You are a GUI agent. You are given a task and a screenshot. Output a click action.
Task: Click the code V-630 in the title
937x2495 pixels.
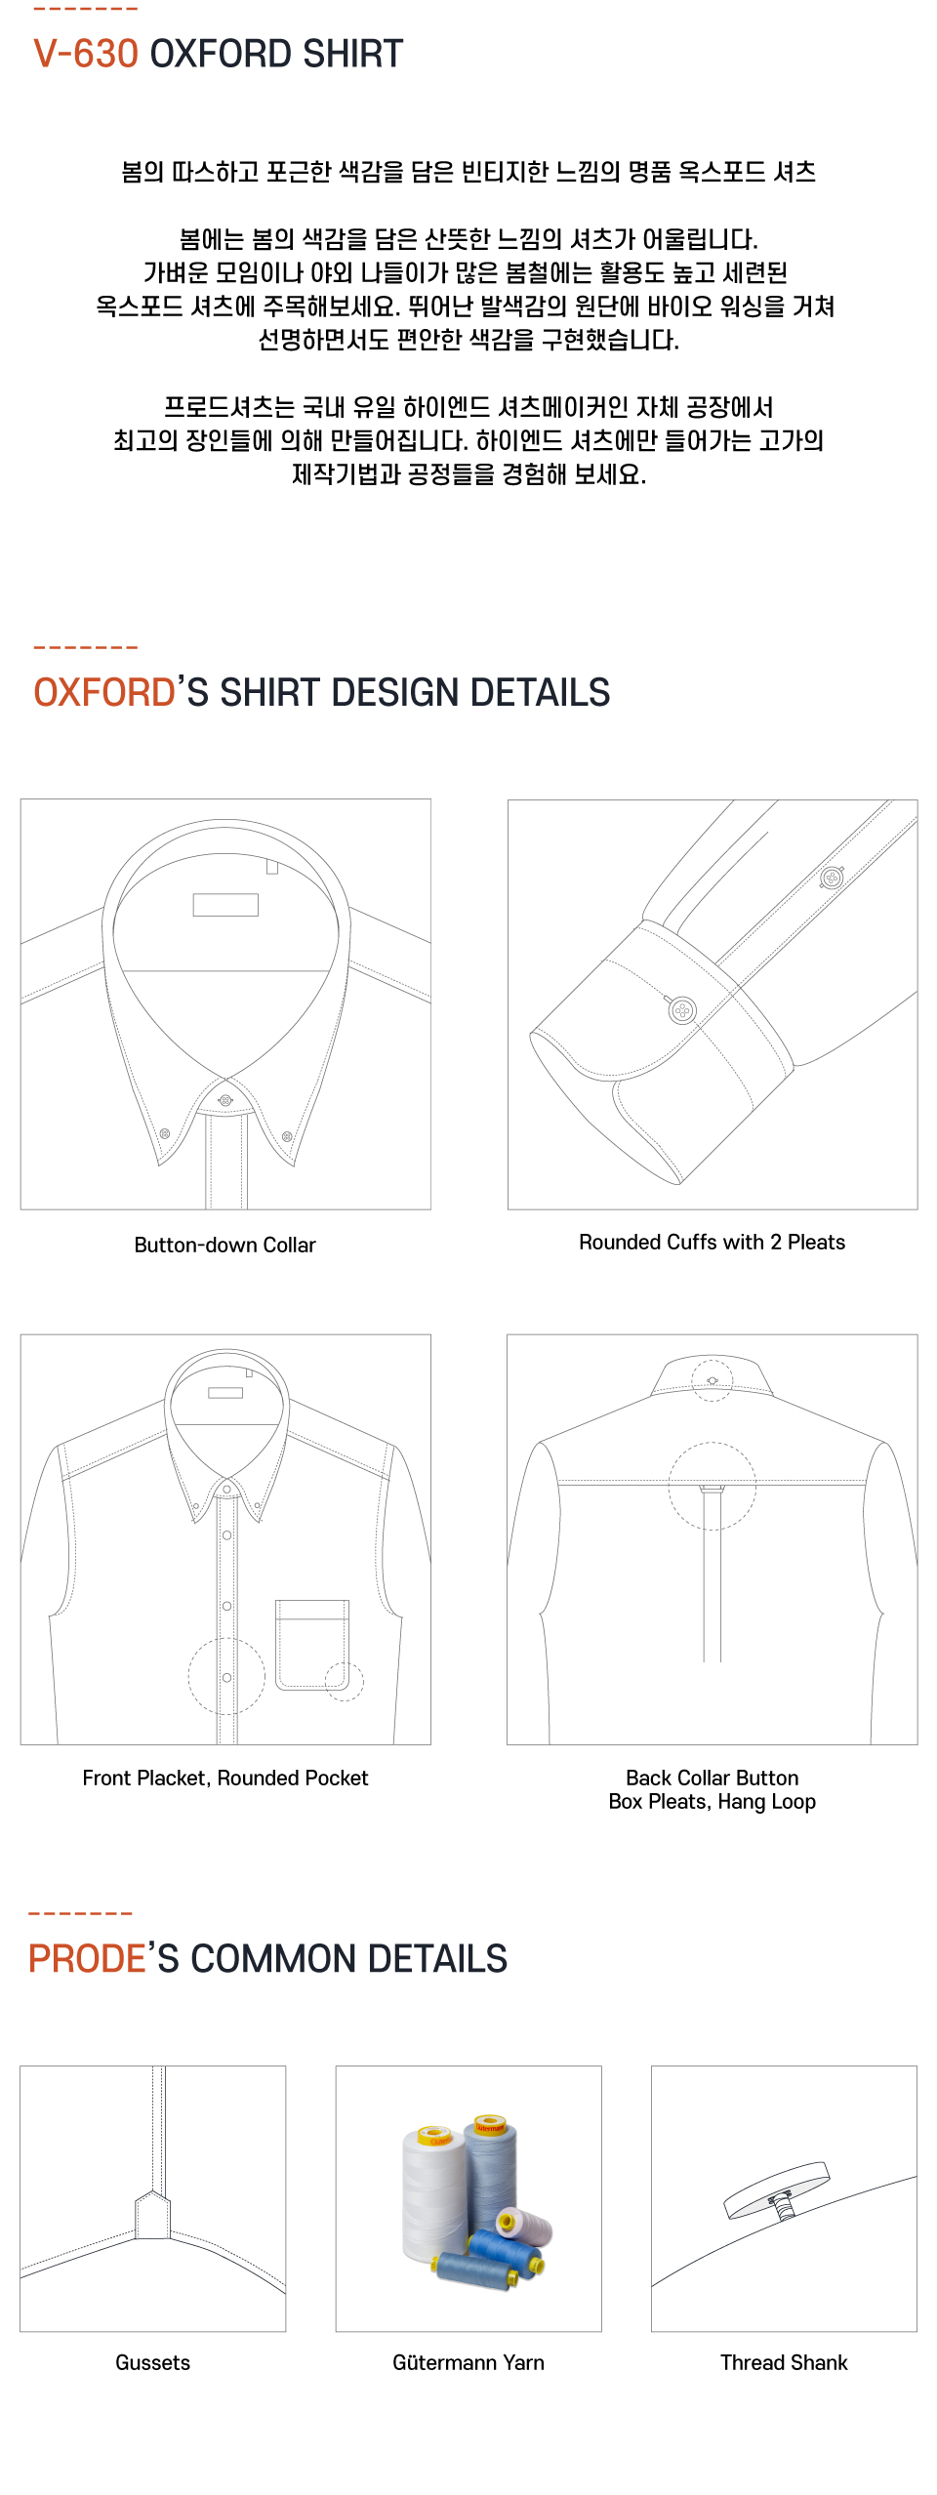tap(86, 54)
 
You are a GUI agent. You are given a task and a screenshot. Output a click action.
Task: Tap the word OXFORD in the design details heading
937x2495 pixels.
tap(104, 692)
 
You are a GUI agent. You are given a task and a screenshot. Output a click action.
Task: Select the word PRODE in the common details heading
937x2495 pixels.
tap(87, 1958)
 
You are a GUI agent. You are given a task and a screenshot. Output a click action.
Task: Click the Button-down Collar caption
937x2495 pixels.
tap(224, 1245)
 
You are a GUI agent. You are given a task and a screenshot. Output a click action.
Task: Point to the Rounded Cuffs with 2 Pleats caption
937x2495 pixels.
tap(712, 1242)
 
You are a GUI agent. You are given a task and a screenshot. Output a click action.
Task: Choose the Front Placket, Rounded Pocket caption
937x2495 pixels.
tap(224, 1778)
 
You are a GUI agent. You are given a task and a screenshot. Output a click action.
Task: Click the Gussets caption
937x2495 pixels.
tap(152, 2362)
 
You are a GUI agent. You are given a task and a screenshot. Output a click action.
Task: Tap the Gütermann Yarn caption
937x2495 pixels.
tap(468, 2362)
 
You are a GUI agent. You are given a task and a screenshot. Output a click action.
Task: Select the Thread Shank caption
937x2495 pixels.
tap(784, 2362)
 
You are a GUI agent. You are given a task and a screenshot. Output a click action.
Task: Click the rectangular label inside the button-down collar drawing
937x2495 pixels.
tap(225, 905)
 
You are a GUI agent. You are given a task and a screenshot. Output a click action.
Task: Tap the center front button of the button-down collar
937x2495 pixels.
tap(225, 1100)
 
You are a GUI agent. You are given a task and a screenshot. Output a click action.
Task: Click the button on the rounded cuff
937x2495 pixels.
tap(682, 1009)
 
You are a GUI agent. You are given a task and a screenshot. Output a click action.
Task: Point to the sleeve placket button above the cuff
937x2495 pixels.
tap(832, 877)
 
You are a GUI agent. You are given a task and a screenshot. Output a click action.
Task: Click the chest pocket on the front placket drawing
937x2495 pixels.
tap(312, 1644)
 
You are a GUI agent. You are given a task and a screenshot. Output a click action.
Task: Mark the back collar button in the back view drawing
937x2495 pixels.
tap(713, 1380)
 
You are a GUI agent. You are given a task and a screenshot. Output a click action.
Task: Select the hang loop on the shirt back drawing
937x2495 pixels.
tap(713, 1490)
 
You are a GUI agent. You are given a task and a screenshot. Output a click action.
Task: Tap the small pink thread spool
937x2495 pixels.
tap(524, 2225)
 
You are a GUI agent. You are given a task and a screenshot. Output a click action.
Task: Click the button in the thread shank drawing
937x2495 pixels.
tap(777, 2191)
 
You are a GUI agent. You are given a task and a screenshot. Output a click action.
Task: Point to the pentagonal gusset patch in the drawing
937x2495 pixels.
tap(153, 2216)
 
